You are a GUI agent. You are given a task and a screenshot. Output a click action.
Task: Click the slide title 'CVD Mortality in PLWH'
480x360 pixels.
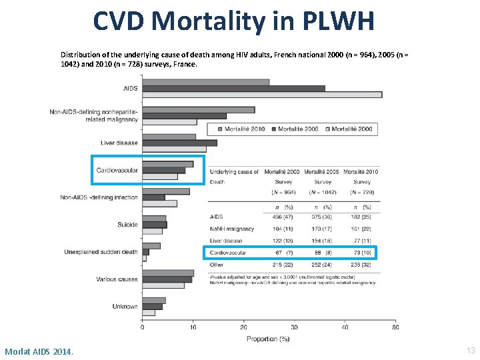click(233, 21)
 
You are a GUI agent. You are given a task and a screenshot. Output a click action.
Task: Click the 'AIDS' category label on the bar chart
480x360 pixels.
click(130, 88)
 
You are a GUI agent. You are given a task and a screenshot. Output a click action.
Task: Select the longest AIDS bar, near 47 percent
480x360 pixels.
click(262, 95)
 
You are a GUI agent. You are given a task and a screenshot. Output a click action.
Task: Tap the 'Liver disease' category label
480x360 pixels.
click(119, 143)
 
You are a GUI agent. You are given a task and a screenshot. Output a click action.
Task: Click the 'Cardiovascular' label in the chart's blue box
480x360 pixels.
click(117, 170)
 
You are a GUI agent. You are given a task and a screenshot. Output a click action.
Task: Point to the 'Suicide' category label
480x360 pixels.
click(127, 225)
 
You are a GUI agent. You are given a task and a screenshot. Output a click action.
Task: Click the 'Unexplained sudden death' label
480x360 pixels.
click(101, 252)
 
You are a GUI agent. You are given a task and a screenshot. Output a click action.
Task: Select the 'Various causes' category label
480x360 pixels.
click(117, 279)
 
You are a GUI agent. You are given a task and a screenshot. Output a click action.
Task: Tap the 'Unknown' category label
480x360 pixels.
click(125, 307)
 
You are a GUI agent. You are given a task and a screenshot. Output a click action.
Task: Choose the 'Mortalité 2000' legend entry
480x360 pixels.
click(351, 129)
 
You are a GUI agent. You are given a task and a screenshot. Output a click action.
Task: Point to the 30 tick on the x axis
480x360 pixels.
click(294, 327)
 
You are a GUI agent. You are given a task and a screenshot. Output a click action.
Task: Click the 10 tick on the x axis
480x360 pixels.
click(193, 327)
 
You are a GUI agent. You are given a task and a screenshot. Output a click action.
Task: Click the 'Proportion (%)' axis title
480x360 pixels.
click(268, 339)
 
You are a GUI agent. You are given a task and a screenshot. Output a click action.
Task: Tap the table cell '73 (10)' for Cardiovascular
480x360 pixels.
click(362, 253)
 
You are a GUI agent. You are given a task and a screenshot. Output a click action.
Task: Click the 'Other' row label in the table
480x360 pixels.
click(217, 265)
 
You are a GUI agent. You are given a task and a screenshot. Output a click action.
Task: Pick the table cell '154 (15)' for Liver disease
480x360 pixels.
click(322, 241)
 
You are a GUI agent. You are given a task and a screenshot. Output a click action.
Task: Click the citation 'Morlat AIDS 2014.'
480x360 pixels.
click(39, 351)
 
